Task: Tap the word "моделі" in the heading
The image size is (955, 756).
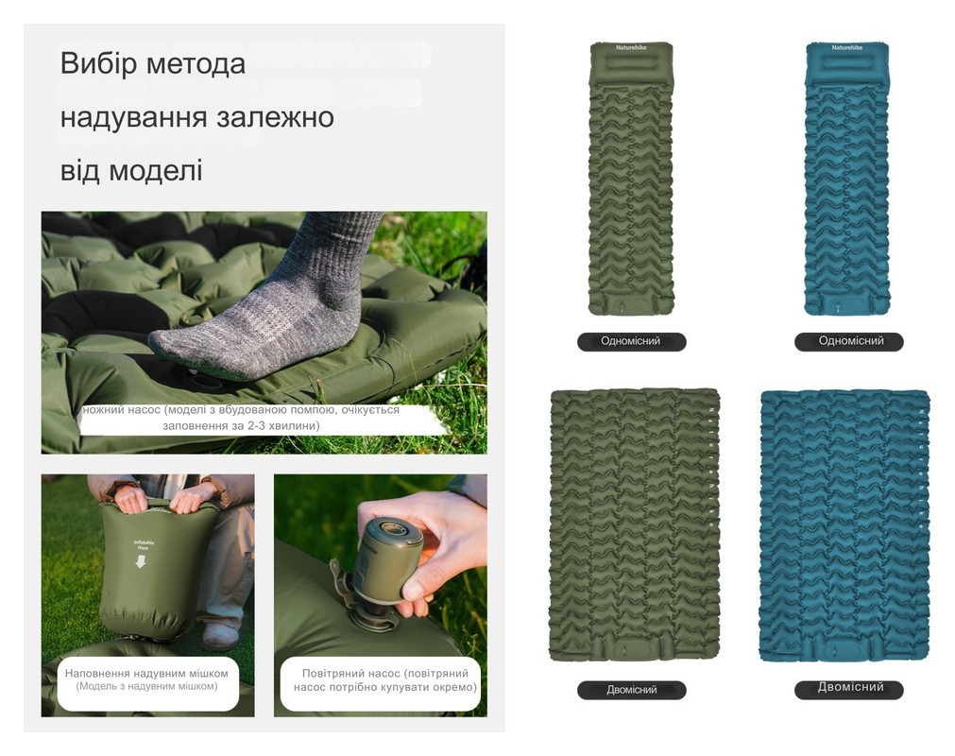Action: [156, 171]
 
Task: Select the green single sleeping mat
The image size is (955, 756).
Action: [631, 180]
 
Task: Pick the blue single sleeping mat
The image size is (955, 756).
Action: [846, 180]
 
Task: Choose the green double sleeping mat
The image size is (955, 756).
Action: [634, 524]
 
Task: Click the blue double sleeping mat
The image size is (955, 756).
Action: [844, 524]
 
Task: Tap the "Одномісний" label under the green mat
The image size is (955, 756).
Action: [631, 341]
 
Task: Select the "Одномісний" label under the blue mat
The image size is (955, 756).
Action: [848, 341]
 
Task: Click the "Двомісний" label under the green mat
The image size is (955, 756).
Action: [631, 690]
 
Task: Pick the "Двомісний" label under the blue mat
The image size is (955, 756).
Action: [848, 688]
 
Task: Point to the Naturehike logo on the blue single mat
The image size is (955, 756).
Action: [846, 47]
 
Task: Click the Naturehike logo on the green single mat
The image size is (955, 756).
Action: [631, 47]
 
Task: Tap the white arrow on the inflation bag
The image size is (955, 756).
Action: [141, 561]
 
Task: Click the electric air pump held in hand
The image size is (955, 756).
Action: [390, 559]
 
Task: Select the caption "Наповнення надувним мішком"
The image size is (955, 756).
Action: [146, 673]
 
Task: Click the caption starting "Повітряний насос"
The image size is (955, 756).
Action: [380, 673]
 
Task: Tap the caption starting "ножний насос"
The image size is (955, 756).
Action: [241, 410]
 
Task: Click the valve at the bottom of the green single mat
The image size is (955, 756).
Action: [623, 304]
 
